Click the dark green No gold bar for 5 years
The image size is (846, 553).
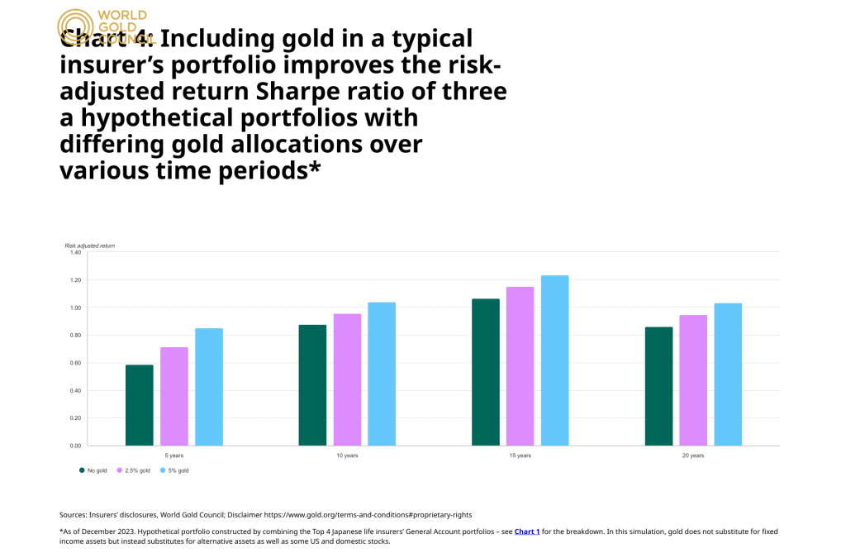(x=140, y=405)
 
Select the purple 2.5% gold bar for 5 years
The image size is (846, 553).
(x=174, y=396)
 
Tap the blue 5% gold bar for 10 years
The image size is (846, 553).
(x=382, y=374)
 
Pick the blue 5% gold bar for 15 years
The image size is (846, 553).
(x=554, y=360)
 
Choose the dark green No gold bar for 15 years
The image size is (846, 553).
(x=486, y=372)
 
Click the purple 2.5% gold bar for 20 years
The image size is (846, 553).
(x=693, y=380)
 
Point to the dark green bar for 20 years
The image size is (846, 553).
(x=658, y=386)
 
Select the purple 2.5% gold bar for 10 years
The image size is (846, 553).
(x=347, y=379)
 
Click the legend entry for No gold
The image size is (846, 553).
(x=93, y=470)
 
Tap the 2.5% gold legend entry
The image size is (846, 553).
(x=132, y=470)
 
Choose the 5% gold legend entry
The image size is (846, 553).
(x=174, y=470)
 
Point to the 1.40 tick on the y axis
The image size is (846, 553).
(x=74, y=253)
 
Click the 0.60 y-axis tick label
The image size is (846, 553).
(x=74, y=363)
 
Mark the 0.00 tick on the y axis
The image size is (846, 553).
(x=74, y=446)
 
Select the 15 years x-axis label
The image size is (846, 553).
(x=520, y=455)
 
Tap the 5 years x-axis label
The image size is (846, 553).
(x=174, y=455)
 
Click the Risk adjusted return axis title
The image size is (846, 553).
(x=89, y=246)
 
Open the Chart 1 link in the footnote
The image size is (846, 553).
(x=526, y=532)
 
